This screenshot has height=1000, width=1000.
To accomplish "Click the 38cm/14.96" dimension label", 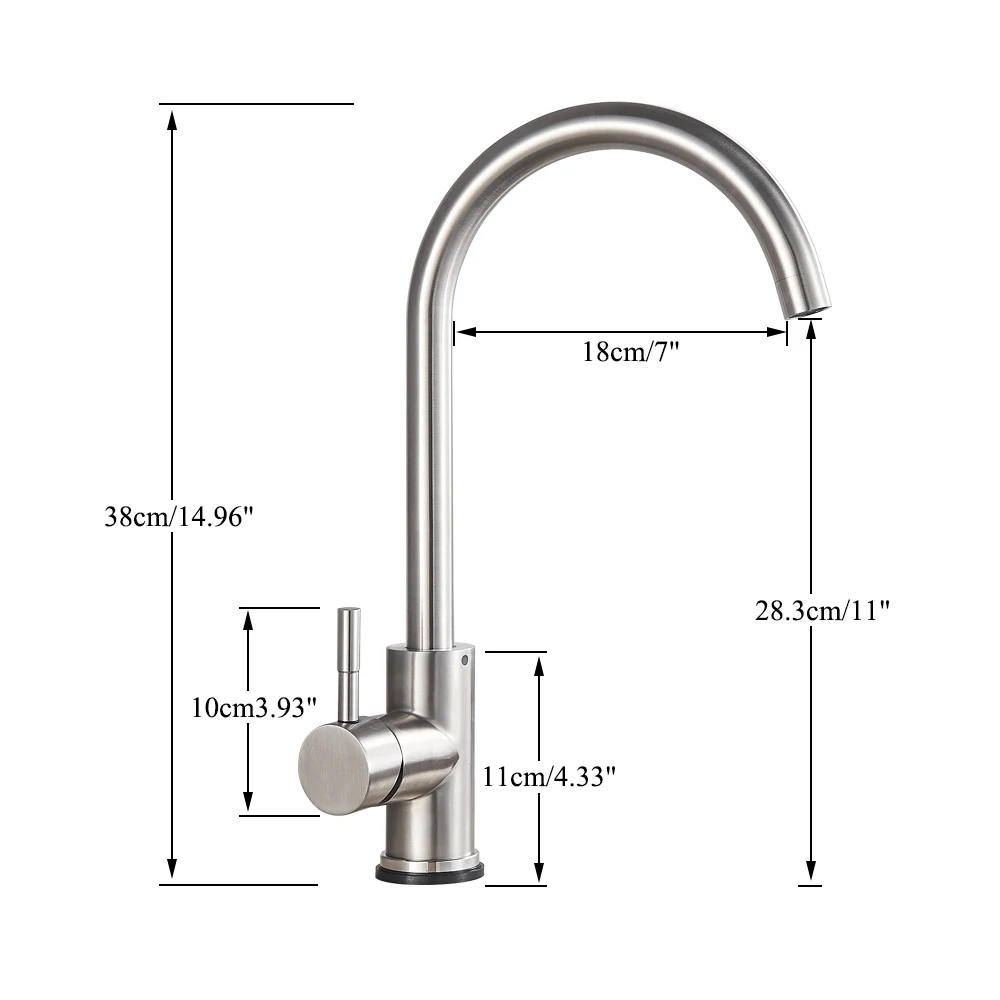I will (x=180, y=518).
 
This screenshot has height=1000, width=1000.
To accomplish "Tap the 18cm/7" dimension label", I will (x=630, y=352).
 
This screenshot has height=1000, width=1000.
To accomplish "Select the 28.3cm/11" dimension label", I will (x=822, y=611).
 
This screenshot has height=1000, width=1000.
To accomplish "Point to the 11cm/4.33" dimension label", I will (x=548, y=776).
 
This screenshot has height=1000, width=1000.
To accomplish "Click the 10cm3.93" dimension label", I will (x=254, y=708).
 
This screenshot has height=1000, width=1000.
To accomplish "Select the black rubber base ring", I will (x=430, y=872).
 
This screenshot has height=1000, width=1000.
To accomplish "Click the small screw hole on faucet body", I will (x=465, y=661).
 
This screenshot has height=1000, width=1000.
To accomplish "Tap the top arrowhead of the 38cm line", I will (x=172, y=119).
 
